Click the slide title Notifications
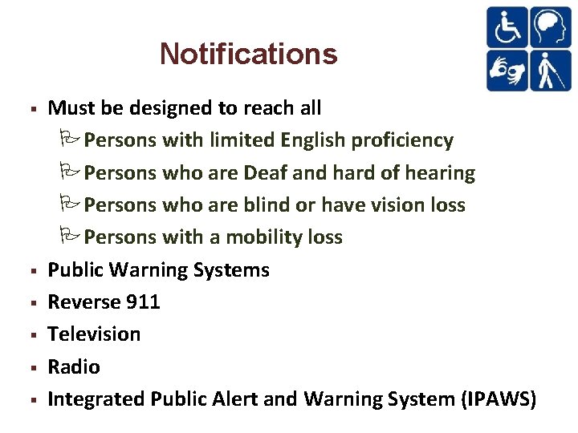248,54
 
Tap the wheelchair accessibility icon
507,27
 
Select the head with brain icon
550,27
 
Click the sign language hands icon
507,70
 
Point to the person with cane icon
550,70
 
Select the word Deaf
267,172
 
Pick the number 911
143,301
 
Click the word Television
94,334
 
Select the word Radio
74,366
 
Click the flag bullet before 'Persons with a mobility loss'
67,236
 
